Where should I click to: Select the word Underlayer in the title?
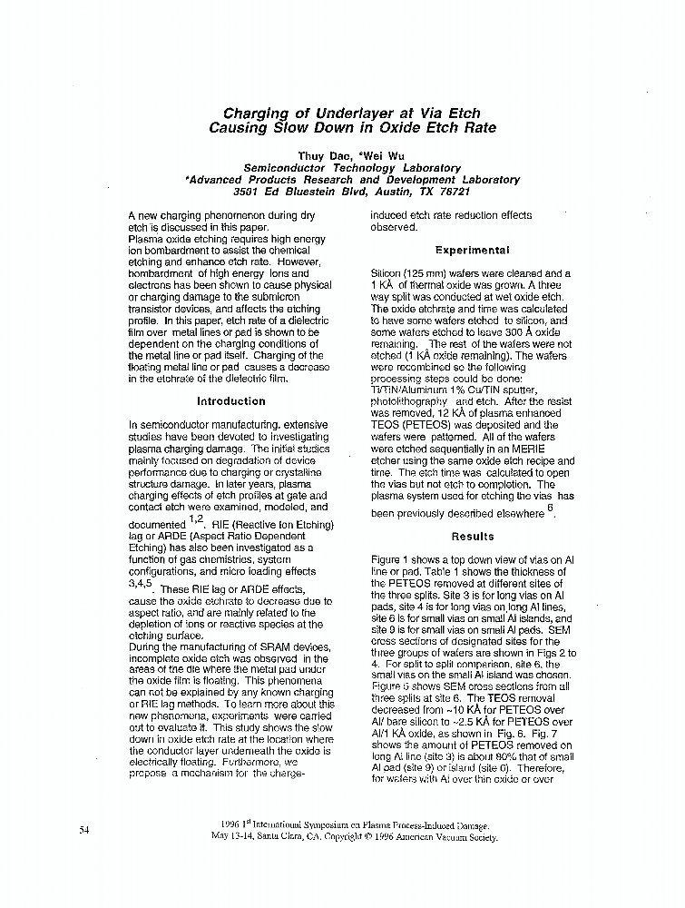353,113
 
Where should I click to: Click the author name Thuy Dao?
319,156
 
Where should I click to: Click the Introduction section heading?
231,400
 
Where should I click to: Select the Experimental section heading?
472,250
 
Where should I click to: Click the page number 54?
84,829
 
